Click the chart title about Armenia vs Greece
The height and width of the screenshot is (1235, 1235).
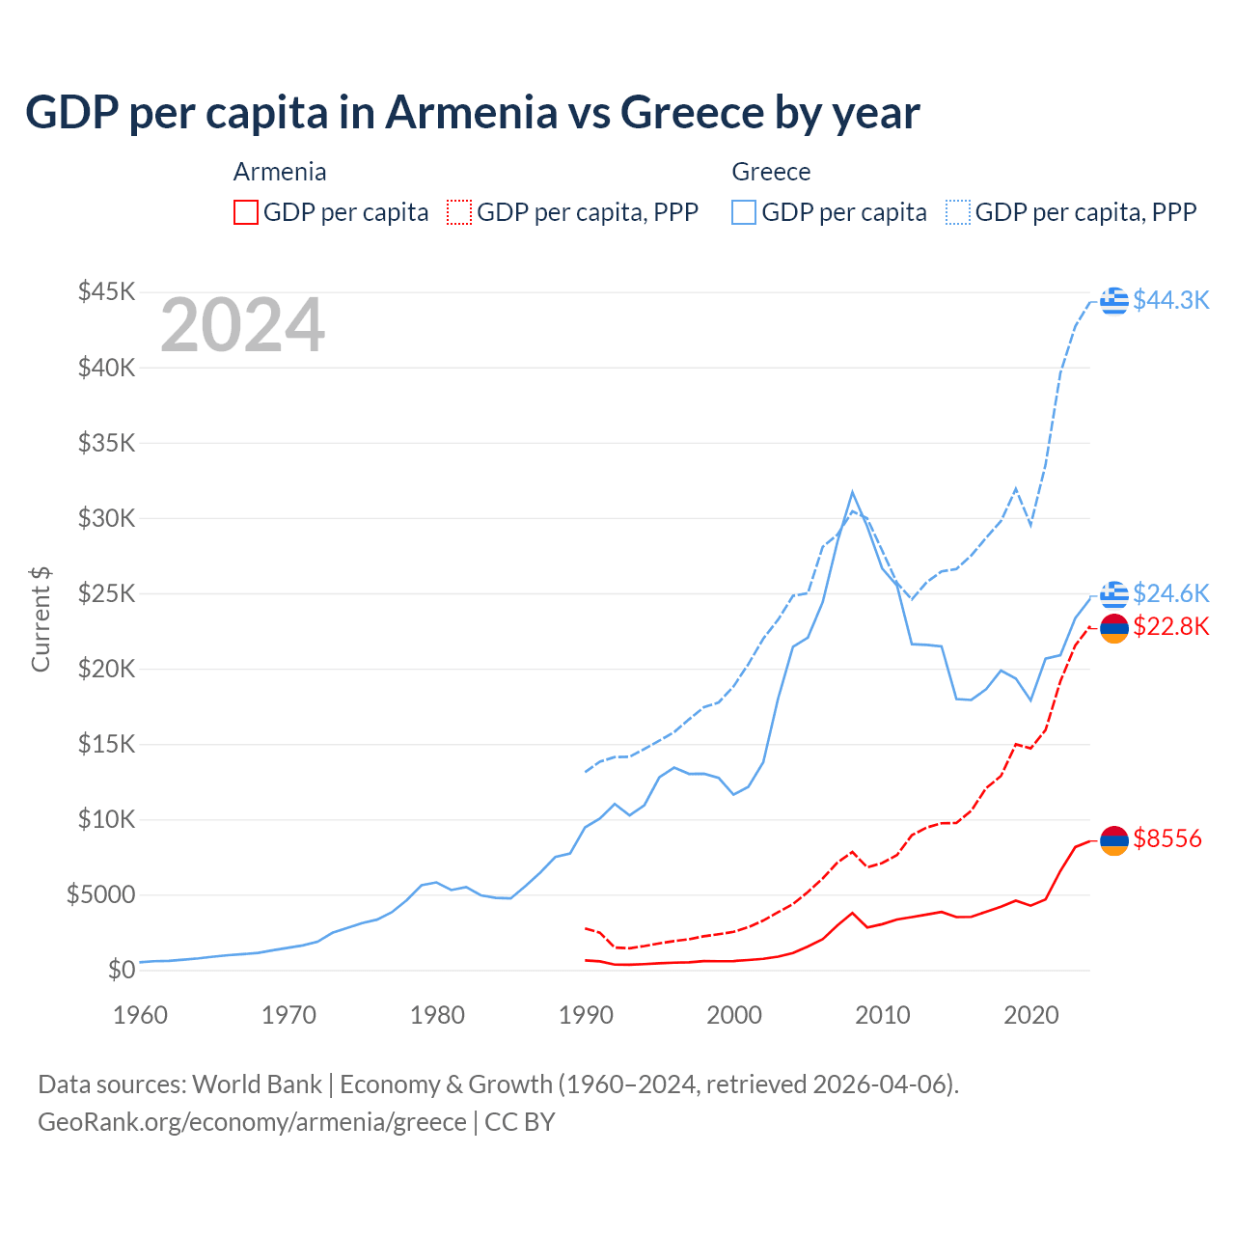[x=472, y=113]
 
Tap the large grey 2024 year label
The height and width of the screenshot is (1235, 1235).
[x=242, y=326]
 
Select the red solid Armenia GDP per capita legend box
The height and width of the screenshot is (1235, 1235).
[x=246, y=212]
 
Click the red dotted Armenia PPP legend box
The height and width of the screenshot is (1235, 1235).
[x=459, y=212]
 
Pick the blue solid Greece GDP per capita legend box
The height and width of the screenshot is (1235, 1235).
[x=744, y=212]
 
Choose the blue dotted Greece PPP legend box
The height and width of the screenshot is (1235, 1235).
[x=958, y=212]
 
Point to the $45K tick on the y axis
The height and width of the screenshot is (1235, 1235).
[x=107, y=291]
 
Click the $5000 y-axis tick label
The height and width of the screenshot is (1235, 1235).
[x=100, y=894]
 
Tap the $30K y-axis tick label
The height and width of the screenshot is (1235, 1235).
[x=107, y=518]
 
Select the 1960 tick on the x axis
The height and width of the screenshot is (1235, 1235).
[x=141, y=1015]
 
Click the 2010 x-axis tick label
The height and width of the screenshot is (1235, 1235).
[x=883, y=1015]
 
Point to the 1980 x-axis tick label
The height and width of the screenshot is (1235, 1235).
[x=438, y=1015]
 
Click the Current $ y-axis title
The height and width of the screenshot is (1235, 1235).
[x=41, y=619]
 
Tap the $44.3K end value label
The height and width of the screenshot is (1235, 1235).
[x=1170, y=300]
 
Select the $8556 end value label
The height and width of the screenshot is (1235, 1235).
[x=1167, y=838]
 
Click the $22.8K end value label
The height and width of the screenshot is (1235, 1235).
[x=1170, y=626]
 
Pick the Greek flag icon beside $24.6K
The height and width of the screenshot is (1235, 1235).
[x=1114, y=594]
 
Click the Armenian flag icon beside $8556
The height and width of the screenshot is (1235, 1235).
[x=1114, y=840]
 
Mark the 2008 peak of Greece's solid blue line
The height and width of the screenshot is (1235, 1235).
[x=852, y=492]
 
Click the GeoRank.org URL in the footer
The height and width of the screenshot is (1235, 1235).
[x=252, y=1122]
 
